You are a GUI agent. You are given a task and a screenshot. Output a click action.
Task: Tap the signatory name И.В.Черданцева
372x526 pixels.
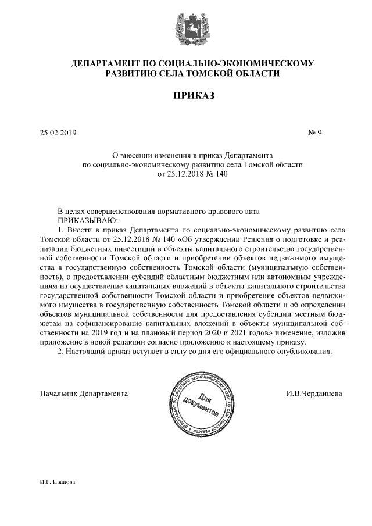click(314, 393)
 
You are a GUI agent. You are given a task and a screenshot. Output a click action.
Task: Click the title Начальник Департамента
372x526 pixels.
click(84, 393)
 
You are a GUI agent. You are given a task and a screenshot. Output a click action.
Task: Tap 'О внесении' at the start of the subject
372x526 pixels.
click(130, 156)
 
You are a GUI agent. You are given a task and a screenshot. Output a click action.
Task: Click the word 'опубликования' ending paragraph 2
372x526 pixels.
click(304, 352)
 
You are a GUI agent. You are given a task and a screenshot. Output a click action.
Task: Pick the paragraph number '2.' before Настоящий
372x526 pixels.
click(61, 352)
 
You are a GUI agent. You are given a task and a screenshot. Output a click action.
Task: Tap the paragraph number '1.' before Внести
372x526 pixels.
click(61, 230)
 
